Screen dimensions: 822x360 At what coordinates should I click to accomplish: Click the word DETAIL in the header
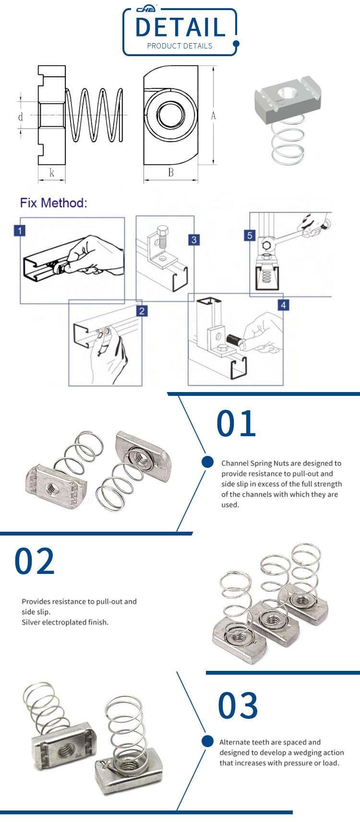click(180, 27)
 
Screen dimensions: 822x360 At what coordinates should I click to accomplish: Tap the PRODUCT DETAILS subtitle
click(180, 46)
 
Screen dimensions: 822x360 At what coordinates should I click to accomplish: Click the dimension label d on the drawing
click(21, 117)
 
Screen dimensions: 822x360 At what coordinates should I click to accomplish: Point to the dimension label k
click(52, 173)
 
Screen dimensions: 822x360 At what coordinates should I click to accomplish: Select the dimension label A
click(213, 116)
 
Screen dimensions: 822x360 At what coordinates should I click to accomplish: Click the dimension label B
click(171, 173)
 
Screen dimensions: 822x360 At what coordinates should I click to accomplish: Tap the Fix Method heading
click(53, 203)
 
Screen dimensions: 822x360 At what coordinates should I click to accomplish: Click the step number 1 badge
click(20, 231)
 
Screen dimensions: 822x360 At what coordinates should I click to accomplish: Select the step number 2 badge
click(142, 311)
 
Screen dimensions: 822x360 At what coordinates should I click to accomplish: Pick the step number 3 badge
click(193, 240)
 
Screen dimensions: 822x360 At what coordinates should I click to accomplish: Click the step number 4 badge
click(283, 305)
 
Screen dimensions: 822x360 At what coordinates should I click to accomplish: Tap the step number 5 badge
click(250, 235)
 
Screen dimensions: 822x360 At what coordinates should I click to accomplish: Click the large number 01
click(236, 424)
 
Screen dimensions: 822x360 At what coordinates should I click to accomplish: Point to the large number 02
click(35, 561)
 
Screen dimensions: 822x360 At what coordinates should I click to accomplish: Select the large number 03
click(238, 706)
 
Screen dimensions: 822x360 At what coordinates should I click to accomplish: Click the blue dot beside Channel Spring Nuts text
click(207, 462)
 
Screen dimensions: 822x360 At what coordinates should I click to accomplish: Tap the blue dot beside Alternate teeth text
click(207, 741)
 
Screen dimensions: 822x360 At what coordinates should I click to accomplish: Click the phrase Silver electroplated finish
click(65, 622)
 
